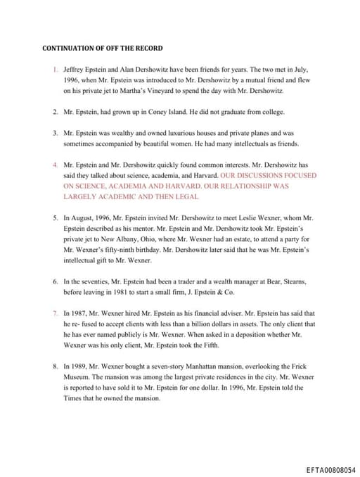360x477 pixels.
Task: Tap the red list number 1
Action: [x=55, y=71]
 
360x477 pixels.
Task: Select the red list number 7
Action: [x=55, y=312]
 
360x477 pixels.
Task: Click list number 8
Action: [x=55, y=367]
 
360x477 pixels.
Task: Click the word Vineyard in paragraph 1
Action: [x=181, y=91]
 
